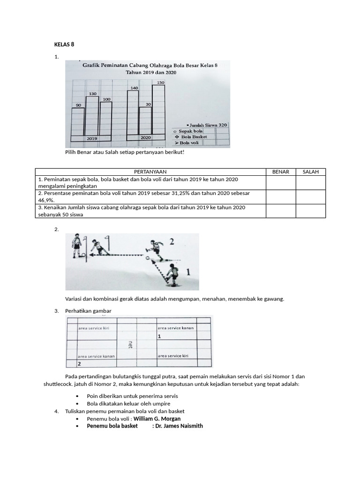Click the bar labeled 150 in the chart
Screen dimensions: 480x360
point(158,110)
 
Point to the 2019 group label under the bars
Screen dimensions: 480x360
point(91,139)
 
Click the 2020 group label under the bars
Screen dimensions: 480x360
point(146,138)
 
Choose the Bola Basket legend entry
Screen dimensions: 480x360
point(194,137)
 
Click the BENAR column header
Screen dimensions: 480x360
point(280,172)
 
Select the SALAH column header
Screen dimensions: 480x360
point(310,172)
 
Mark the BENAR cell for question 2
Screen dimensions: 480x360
point(280,197)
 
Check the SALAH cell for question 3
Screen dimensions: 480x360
point(310,211)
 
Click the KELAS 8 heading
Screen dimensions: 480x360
point(65,45)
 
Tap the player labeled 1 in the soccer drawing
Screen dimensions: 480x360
point(172,275)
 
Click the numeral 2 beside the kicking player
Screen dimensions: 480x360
point(172,242)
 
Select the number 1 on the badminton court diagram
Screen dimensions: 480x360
point(159,337)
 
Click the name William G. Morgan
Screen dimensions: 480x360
point(157,419)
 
